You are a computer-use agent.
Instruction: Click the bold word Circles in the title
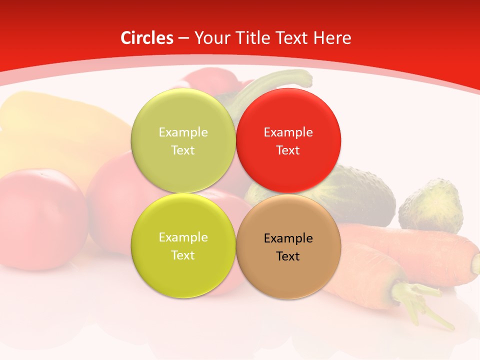point(147,38)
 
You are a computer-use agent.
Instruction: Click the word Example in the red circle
point(288,132)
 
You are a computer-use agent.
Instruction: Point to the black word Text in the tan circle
point(288,256)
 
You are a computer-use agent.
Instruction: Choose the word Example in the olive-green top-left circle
point(183,132)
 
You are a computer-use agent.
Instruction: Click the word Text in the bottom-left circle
point(183,255)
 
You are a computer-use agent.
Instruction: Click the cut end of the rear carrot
point(475,262)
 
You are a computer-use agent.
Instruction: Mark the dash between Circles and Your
point(183,38)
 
